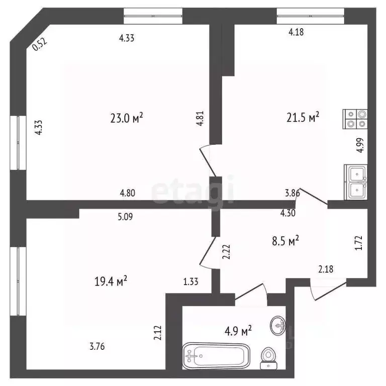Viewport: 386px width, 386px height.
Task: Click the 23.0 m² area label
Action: pyautogui.click(x=127, y=118)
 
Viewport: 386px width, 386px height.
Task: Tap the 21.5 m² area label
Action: pyautogui.click(x=303, y=118)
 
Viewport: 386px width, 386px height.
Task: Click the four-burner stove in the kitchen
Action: pyautogui.click(x=355, y=119)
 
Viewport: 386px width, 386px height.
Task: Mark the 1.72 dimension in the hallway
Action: pyautogui.click(x=358, y=243)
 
